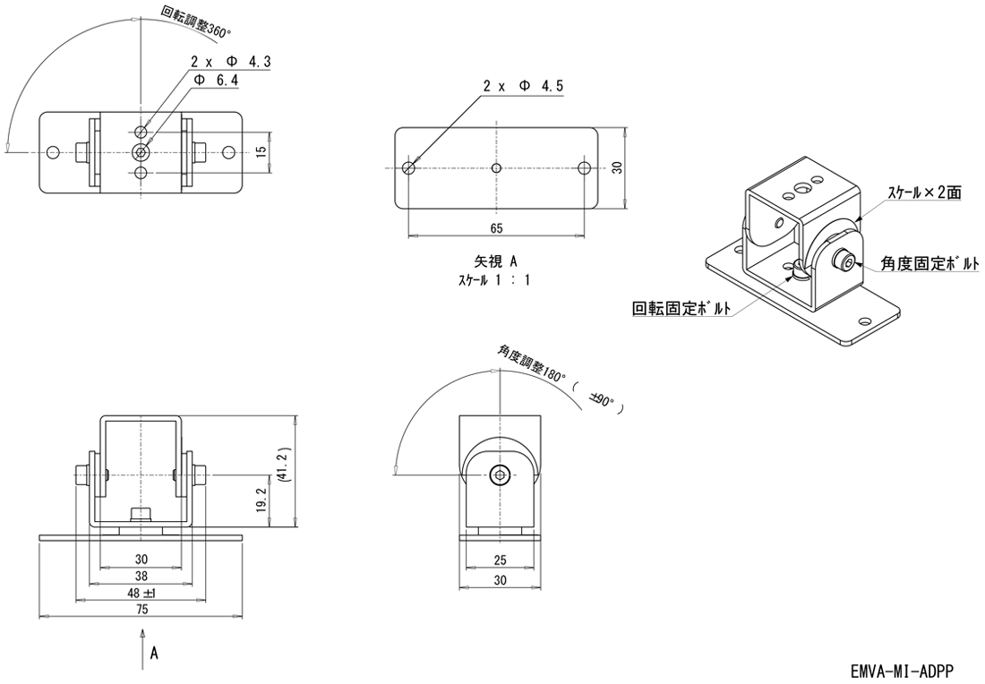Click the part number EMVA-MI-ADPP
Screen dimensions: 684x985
902,671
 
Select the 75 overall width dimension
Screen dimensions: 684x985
141,609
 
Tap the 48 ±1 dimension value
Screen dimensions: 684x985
141,593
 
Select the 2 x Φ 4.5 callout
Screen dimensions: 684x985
523,86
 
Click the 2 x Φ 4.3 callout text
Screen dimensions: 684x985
230,62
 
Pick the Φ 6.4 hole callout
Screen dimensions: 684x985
217,80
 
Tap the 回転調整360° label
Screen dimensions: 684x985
195,21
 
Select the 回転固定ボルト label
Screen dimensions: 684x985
681,309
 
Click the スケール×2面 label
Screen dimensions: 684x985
924,192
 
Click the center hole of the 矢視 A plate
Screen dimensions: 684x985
497,167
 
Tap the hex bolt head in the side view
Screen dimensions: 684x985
500,475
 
